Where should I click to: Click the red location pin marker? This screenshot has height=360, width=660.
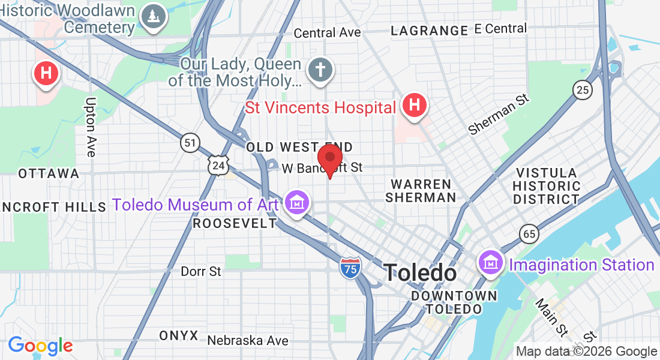329,159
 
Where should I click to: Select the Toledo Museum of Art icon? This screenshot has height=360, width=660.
297,203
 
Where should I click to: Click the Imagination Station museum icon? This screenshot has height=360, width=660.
491,262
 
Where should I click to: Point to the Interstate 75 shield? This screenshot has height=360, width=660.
350,268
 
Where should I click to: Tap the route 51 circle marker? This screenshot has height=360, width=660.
190,142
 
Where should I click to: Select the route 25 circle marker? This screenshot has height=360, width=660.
582,90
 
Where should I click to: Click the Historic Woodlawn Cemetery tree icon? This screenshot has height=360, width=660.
155,17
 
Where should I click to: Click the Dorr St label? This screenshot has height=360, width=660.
201,272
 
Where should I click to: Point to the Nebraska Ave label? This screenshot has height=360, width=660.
248,341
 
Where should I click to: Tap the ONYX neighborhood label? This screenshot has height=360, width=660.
179,335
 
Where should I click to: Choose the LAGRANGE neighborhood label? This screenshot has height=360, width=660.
429,31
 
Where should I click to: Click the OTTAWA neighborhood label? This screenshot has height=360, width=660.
49,173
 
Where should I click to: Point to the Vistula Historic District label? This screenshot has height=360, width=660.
547,186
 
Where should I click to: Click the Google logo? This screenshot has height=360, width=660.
40,346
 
